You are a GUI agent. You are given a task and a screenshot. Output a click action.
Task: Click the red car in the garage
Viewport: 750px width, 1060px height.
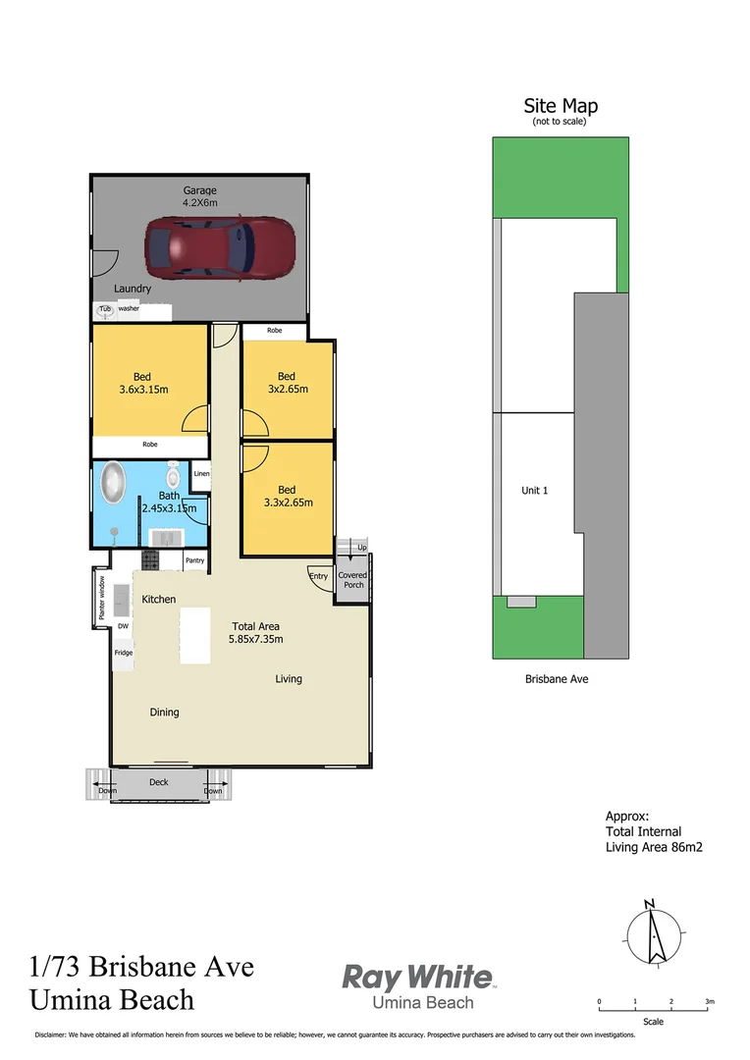click(219, 247)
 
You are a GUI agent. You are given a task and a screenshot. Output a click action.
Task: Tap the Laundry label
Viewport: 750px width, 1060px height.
click(132, 289)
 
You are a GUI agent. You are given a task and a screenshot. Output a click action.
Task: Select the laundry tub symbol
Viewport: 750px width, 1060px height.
click(104, 309)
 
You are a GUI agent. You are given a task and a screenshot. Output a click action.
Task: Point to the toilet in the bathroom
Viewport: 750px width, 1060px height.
click(174, 477)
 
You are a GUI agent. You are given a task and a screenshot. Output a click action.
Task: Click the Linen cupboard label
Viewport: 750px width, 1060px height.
click(200, 474)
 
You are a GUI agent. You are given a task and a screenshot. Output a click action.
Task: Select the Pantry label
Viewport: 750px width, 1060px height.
click(194, 560)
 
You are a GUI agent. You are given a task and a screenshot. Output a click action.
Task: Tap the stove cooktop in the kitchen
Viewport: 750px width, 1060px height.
click(150, 560)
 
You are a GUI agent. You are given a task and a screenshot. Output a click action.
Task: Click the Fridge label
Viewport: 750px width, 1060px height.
click(123, 653)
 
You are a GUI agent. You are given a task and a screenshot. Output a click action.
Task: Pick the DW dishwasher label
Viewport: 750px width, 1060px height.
click(123, 625)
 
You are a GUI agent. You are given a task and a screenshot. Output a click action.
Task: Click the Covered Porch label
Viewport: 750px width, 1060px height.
click(352, 580)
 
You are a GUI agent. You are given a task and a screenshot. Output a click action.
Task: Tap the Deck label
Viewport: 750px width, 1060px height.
click(159, 782)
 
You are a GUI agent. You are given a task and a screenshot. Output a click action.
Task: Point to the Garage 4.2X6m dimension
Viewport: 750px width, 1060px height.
click(199, 203)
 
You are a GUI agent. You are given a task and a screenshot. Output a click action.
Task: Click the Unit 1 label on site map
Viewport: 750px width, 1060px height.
click(534, 490)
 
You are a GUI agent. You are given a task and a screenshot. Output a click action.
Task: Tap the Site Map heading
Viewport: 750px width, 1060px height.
click(561, 106)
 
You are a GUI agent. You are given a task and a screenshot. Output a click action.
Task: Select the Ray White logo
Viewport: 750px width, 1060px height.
click(417, 978)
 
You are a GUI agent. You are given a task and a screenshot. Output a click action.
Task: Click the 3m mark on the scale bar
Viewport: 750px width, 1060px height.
click(709, 1001)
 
